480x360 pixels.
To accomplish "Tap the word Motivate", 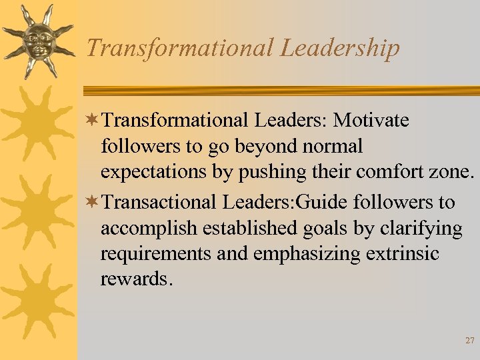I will [371, 121].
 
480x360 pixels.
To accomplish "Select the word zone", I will [453, 172].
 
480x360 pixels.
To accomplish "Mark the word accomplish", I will [149, 229].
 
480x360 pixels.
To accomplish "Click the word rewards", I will [136, 279].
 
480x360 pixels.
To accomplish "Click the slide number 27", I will [469, 340].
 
